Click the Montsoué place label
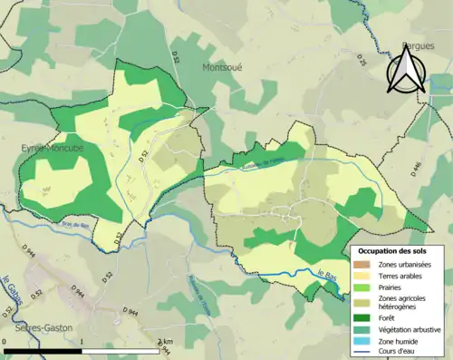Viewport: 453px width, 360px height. click(223, 67)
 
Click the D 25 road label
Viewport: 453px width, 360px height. click(359, 61)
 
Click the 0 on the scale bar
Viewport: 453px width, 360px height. click(5, 342)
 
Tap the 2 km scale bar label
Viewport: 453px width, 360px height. click(164, 342)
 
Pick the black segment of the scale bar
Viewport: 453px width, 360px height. click(43, 350)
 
